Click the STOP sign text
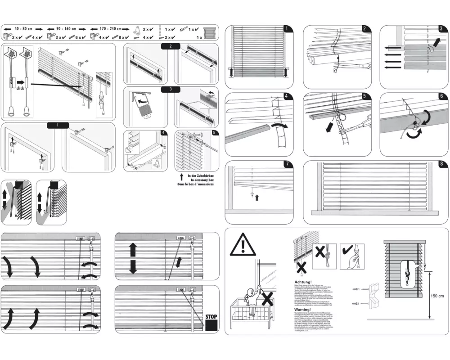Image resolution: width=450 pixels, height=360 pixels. click(x=211, y=316)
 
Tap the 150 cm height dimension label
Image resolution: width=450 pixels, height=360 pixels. click(x=437, y=296)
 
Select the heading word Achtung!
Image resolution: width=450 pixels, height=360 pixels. click(x=302, y=283)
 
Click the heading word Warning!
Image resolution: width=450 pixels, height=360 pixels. click(x=303, y=310)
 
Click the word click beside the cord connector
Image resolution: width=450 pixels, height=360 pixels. click(x=20, y=89)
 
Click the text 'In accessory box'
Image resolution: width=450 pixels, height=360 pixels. click(x=197, y=180)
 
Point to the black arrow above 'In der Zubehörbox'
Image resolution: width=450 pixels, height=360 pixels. click(x=181, y=177)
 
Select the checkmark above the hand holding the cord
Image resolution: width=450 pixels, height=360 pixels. click(x=347, y=250)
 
